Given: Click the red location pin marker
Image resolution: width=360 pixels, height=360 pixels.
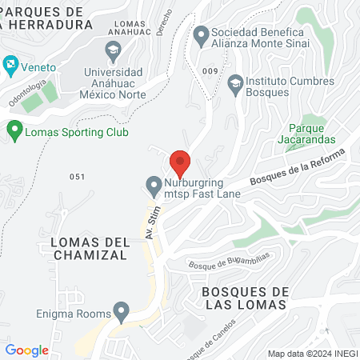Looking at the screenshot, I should pyautogui.click(x=180, y=163).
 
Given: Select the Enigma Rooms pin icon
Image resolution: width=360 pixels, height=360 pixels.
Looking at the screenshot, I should pyautogui.click(x=122, y=310).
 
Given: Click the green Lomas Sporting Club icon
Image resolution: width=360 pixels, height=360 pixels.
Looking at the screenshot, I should pyautogui.click(x=14, y=129).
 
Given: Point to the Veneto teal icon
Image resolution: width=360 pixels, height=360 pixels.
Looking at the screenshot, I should pyautogui.click(x=10, y=63).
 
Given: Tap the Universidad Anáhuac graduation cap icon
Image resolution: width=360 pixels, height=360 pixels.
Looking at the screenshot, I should pyautogui.click(x=114, y=50).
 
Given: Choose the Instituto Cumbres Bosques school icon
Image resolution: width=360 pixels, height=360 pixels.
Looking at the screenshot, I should pyautogui.click(x=234, y=81).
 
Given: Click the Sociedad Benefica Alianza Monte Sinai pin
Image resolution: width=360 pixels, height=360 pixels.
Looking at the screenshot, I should pyautogui.click(x=201, y=35).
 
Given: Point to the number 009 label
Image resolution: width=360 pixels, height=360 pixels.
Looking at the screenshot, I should pyautogui.click(x=210, y=71).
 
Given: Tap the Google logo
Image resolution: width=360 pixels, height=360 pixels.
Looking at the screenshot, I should pyautogui.click(x=27, y=350).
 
